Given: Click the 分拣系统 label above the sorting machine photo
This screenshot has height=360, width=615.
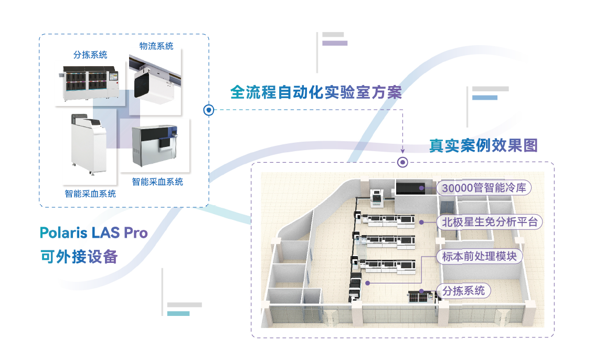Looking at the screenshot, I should coord(90,55).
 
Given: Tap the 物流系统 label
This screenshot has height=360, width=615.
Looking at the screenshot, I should coord(156,46).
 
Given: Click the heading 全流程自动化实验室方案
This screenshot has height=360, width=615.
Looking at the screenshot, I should coord(316,92).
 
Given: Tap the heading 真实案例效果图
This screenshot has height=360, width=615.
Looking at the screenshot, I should coord(483,145).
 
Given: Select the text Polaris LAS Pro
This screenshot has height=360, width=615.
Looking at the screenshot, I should coord(94,232).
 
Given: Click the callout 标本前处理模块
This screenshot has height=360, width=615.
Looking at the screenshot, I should coord(480,257).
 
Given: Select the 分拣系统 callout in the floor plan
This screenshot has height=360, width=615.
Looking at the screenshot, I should coord(463,290).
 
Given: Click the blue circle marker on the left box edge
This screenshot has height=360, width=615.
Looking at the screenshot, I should coord(209,110).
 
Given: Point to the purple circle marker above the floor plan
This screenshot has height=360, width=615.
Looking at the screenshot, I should coord(402,162).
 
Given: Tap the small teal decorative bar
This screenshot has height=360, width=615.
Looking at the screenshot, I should coord(178,313).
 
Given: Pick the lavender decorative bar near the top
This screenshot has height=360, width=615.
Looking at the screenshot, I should coord(335,44).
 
